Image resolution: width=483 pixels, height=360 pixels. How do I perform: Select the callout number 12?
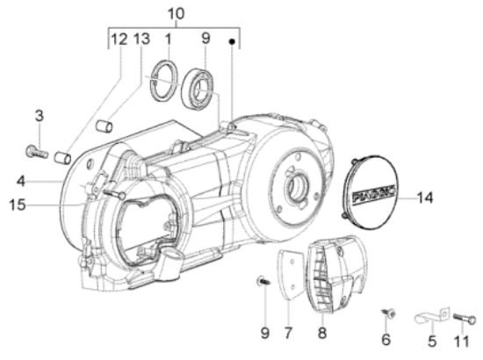(118, 40)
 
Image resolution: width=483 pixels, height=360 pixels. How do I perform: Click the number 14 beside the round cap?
(449, 198)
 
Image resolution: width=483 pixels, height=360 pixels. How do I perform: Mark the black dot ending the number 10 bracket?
(232, 40)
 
